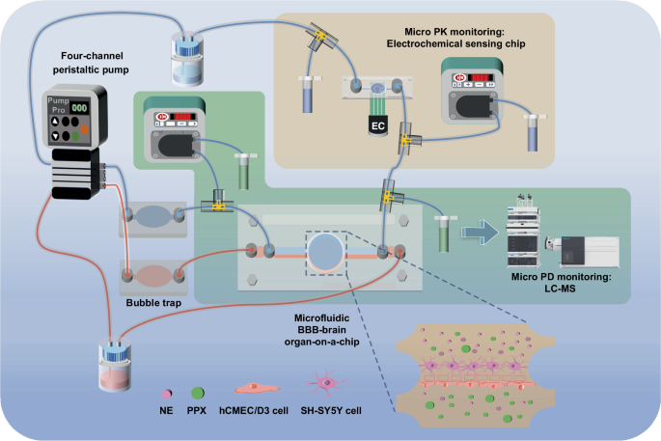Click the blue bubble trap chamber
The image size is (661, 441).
(151, 217)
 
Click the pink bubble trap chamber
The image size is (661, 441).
(151, 275)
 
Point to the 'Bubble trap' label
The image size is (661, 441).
(153, 304)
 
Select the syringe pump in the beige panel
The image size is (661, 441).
(471, 91)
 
